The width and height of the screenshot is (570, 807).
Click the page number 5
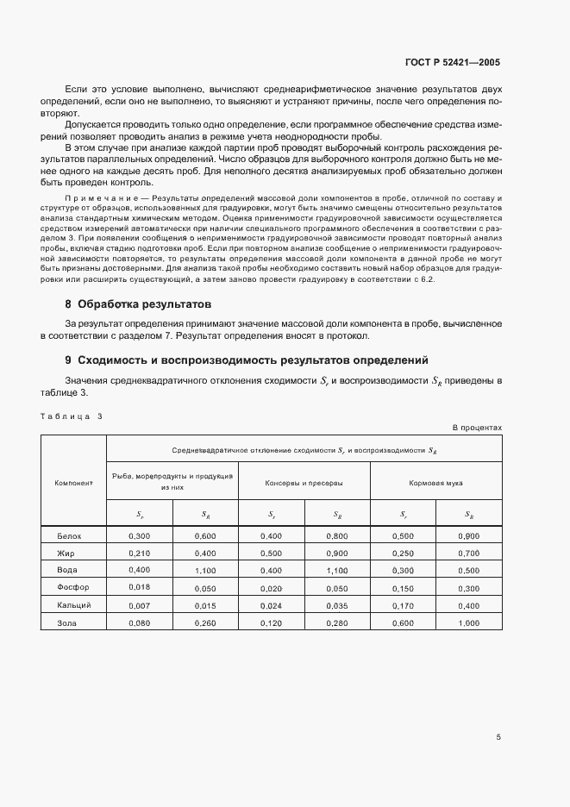click(498, 737)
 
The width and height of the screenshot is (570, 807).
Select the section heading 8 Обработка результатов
click(138, 304)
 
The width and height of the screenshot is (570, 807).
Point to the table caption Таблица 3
click(71, 416)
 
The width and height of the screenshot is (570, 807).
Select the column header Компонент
click(73, 483)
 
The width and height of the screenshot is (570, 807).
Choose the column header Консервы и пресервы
click(304, 483)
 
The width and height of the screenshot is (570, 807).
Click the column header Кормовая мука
click(435, 483)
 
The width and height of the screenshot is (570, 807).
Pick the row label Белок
click(68, 536)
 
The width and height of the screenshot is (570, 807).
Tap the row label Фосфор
click(71, 588)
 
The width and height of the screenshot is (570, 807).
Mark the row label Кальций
click(72, 605)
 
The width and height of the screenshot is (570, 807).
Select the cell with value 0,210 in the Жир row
click(139, 554)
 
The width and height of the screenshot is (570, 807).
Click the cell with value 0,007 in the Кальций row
click(139, 605)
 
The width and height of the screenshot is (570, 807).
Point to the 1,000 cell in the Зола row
click(468, 622)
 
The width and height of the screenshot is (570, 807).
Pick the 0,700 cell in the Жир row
click(468, 554)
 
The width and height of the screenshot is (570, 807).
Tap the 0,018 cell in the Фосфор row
click(139, 588)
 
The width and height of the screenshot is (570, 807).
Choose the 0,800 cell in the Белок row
click(336, 536)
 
